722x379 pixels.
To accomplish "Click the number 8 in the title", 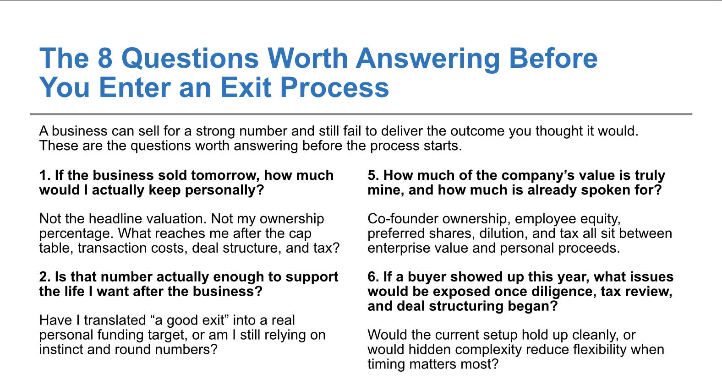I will pyautogui.click(x=105, y=59).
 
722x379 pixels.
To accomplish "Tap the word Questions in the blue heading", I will pyautogui.click(x=190, y=59).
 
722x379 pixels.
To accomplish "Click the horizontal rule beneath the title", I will pyautogui.click(x=361, y=114).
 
